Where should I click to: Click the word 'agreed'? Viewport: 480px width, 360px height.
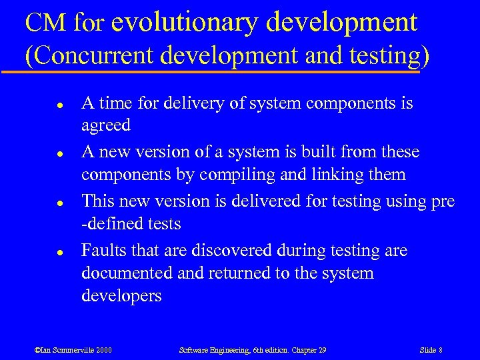click(x=105, y=127)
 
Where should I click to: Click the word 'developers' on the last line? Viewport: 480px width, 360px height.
click(x=121, y=296)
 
